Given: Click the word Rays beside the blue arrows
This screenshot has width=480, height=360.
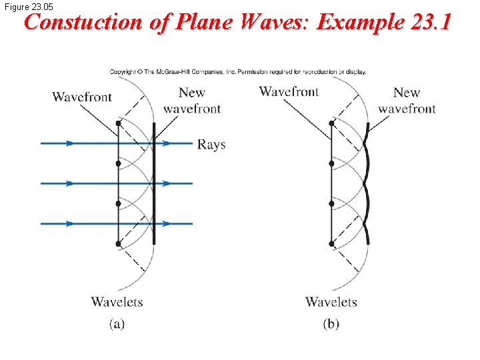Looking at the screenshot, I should click(211, 145).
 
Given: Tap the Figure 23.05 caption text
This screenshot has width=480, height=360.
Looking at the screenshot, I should click(28, 7).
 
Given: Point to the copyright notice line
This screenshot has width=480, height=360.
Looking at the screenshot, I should click(237, 72).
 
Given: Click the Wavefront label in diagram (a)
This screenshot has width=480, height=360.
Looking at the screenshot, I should click(82, 97).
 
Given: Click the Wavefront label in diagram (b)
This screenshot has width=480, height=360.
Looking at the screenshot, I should click(289, 92).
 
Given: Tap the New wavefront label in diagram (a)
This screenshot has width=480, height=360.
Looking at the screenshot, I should click(192, 101).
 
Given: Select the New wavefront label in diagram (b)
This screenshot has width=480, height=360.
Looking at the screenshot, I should click(406, 101).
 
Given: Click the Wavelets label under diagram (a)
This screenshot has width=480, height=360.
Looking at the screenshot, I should click(117, 302).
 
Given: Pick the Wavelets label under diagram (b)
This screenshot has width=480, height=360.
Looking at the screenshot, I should click(331, 302).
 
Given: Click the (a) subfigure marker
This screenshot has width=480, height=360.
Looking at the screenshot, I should click(117, 325).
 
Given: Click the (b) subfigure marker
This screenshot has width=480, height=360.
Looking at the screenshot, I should click(331, 325).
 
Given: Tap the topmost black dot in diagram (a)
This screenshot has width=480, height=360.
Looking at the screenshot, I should click(118, 123).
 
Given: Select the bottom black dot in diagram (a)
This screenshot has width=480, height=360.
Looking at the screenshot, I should click(118, 244).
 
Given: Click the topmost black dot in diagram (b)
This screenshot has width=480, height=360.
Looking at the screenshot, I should click(332, 123).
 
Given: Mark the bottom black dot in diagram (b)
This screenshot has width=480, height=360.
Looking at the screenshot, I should click(332, 244).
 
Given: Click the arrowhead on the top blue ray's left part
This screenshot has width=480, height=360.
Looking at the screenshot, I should click(69, 143).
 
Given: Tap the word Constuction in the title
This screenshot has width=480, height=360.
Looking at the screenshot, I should click(84, 23).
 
